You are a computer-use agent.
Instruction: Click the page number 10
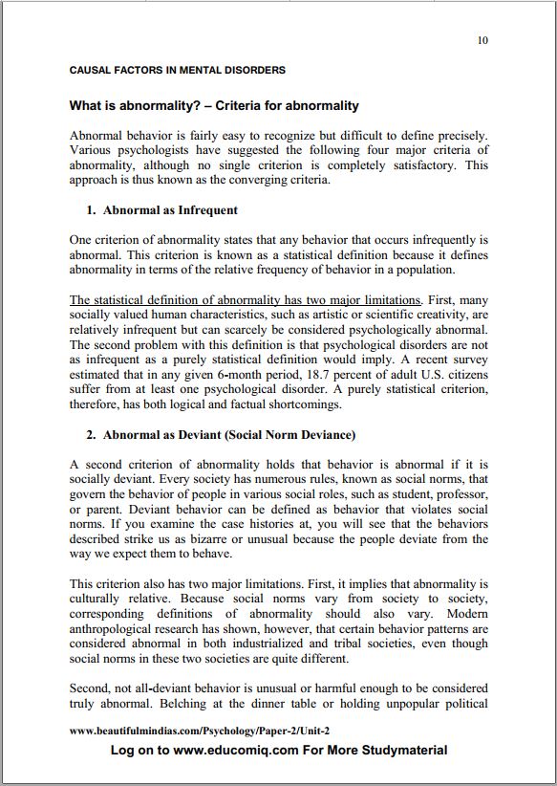(482, 40)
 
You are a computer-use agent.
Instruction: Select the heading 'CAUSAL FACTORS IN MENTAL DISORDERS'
(177, 70)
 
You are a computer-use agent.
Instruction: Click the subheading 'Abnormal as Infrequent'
(170, 210)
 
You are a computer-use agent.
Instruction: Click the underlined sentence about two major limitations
(245, 299)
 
